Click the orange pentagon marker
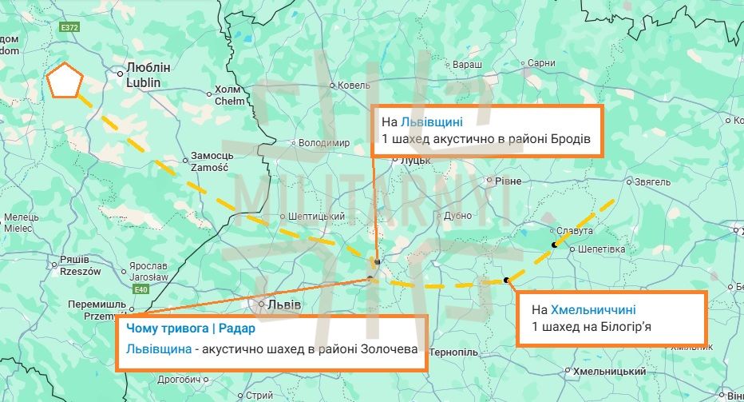coord(64,81)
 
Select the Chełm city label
coord(230,95)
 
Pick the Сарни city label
coord(541,63)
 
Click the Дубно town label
coord(458,215)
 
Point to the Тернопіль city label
coord(453,352)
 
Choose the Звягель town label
coord(652,182)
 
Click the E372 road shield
coord(70,27)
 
